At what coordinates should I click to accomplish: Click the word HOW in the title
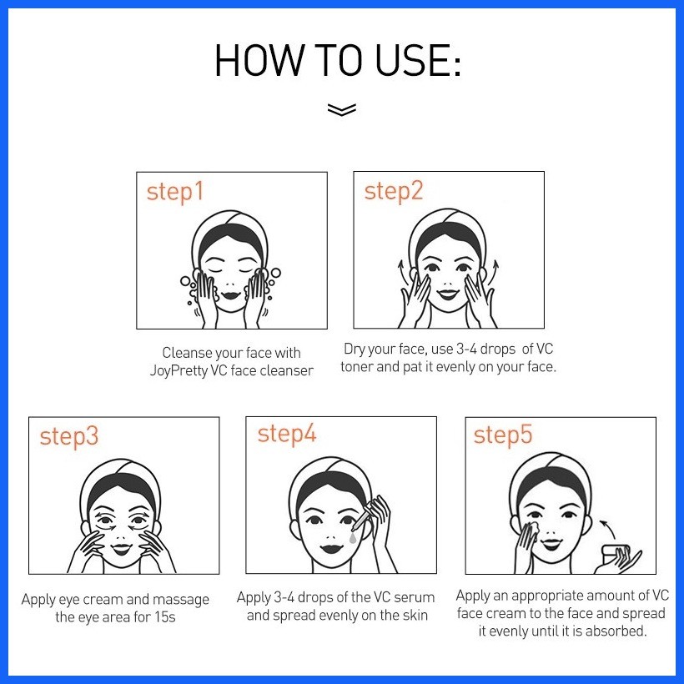(x=260, y=60)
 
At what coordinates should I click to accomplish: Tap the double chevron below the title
(x=341, y=109)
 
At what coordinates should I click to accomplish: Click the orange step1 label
(x=175, y=192)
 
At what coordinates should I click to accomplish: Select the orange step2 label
(x=394, y=192)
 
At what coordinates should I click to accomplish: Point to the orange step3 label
(x=69, y=436)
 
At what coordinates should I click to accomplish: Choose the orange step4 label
(x=287, y=435)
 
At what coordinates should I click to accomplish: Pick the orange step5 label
(x=503, y=435)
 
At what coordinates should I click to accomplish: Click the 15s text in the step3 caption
(x=165, y=617)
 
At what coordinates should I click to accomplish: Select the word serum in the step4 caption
(x=415, y=597)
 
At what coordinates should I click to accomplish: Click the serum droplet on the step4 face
(x=353, y=538)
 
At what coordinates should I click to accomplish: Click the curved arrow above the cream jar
(x=609, y=528)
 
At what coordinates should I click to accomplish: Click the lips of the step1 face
(x=231, y=295)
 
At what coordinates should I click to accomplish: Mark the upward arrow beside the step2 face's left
(x=401, y=272)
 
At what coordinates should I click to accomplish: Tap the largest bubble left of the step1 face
(x=185, y=280)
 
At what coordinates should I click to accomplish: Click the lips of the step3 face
(x=121, y=548)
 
